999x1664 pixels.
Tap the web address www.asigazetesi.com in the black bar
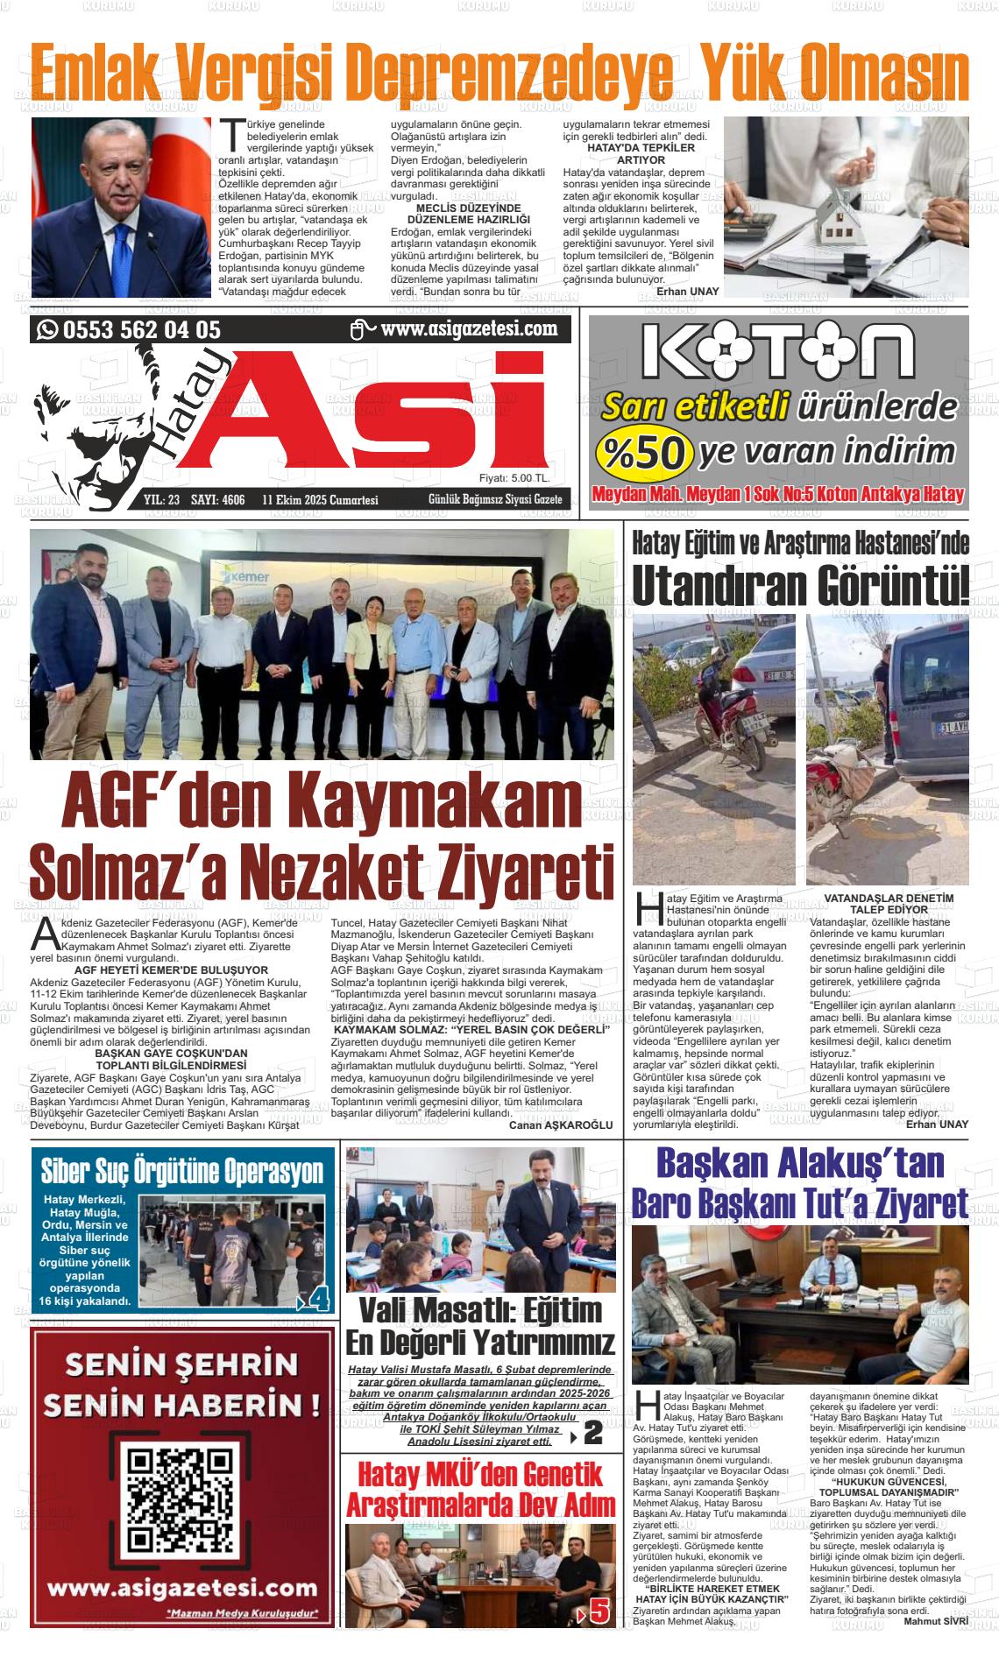click(470, 329)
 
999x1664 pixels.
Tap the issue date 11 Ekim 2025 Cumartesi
click(320, 500)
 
